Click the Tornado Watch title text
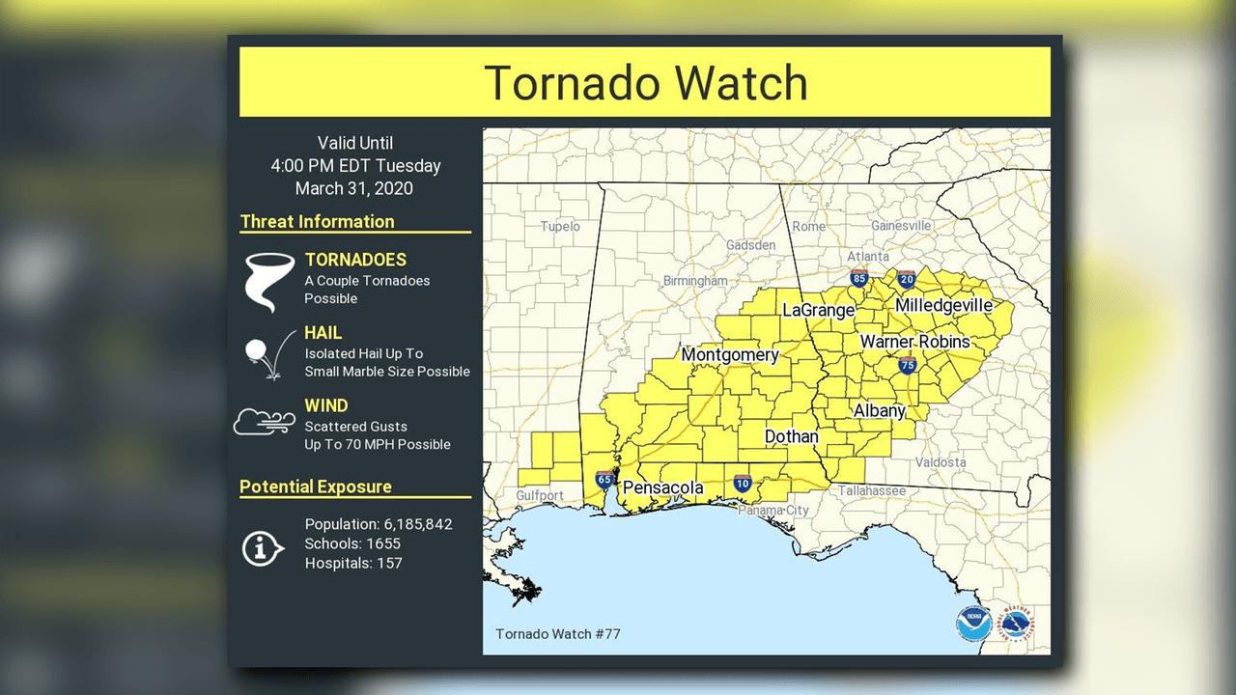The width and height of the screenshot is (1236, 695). tap(645, 82)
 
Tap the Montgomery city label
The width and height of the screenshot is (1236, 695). tap(730, 355)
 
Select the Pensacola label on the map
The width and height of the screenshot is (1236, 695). tap(662, 487)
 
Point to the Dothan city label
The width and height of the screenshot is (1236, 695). tap(791, 436)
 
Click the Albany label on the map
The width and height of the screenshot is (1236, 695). tap(879, 410)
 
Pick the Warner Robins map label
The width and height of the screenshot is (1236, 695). tap(914, 342)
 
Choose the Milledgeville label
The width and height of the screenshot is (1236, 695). tap(943, 306)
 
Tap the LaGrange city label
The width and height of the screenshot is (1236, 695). tap(818, 310)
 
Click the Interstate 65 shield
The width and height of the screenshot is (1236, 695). tap(604, 479)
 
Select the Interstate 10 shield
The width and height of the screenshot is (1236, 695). tap(742, 483)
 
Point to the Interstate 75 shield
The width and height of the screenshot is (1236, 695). tap(907, 365)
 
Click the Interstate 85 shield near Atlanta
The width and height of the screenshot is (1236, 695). tap(858, 279)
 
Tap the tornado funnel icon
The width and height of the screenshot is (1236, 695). tap(268, 281)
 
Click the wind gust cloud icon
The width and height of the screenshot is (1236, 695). tap(264, 422)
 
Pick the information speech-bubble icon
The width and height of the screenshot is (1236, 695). tap(262, 549)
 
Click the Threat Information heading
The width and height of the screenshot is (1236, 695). tap(317, 222)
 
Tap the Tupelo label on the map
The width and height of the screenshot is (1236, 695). tap(560, 226)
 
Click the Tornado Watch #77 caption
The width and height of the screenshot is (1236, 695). tap(557, 634)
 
